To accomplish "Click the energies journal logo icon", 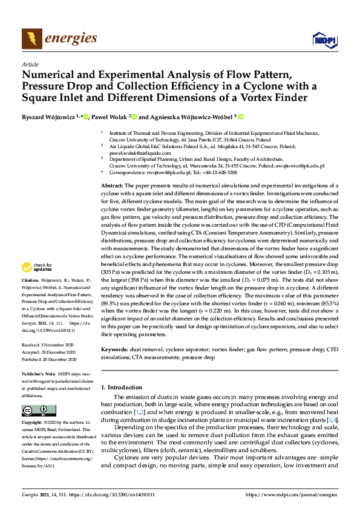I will click(x=32, y=39).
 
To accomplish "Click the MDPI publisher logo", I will click(x=324, y=40).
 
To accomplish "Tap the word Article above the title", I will click(x=30, y=64).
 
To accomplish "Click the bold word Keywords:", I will click(x=115, y=349).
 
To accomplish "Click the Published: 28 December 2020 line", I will click(x=47, y=358).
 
